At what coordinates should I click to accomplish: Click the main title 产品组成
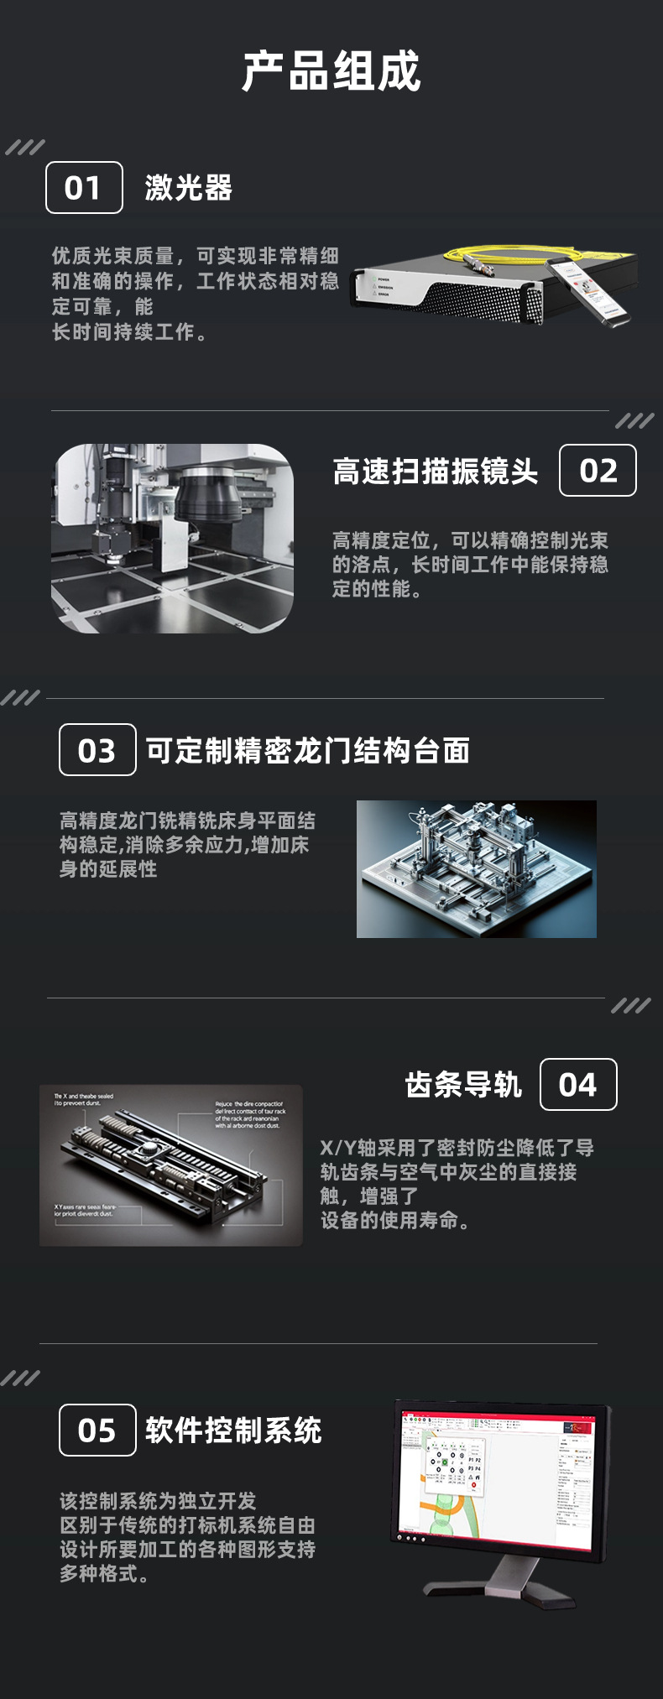[331, 71]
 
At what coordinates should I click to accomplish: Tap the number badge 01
[84, 188]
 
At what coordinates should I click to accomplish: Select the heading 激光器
[189, 188]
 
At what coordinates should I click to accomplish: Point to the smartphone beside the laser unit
[592, 289]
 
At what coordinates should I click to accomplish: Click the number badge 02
[598, 471]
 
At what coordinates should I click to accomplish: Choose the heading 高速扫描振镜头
[435, 472]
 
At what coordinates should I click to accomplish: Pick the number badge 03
[97, 750]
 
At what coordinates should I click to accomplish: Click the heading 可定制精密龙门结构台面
[307, 750]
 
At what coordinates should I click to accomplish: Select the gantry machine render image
[476, 869]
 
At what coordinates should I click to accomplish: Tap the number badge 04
[577, 1085]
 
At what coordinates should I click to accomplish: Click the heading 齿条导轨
[463, 1085]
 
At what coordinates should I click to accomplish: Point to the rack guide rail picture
[170, 1165]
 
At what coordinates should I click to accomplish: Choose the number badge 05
[97, 1431]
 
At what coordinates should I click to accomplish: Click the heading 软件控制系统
[233, 1431]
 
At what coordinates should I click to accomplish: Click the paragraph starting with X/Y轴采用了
[457, 1184]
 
